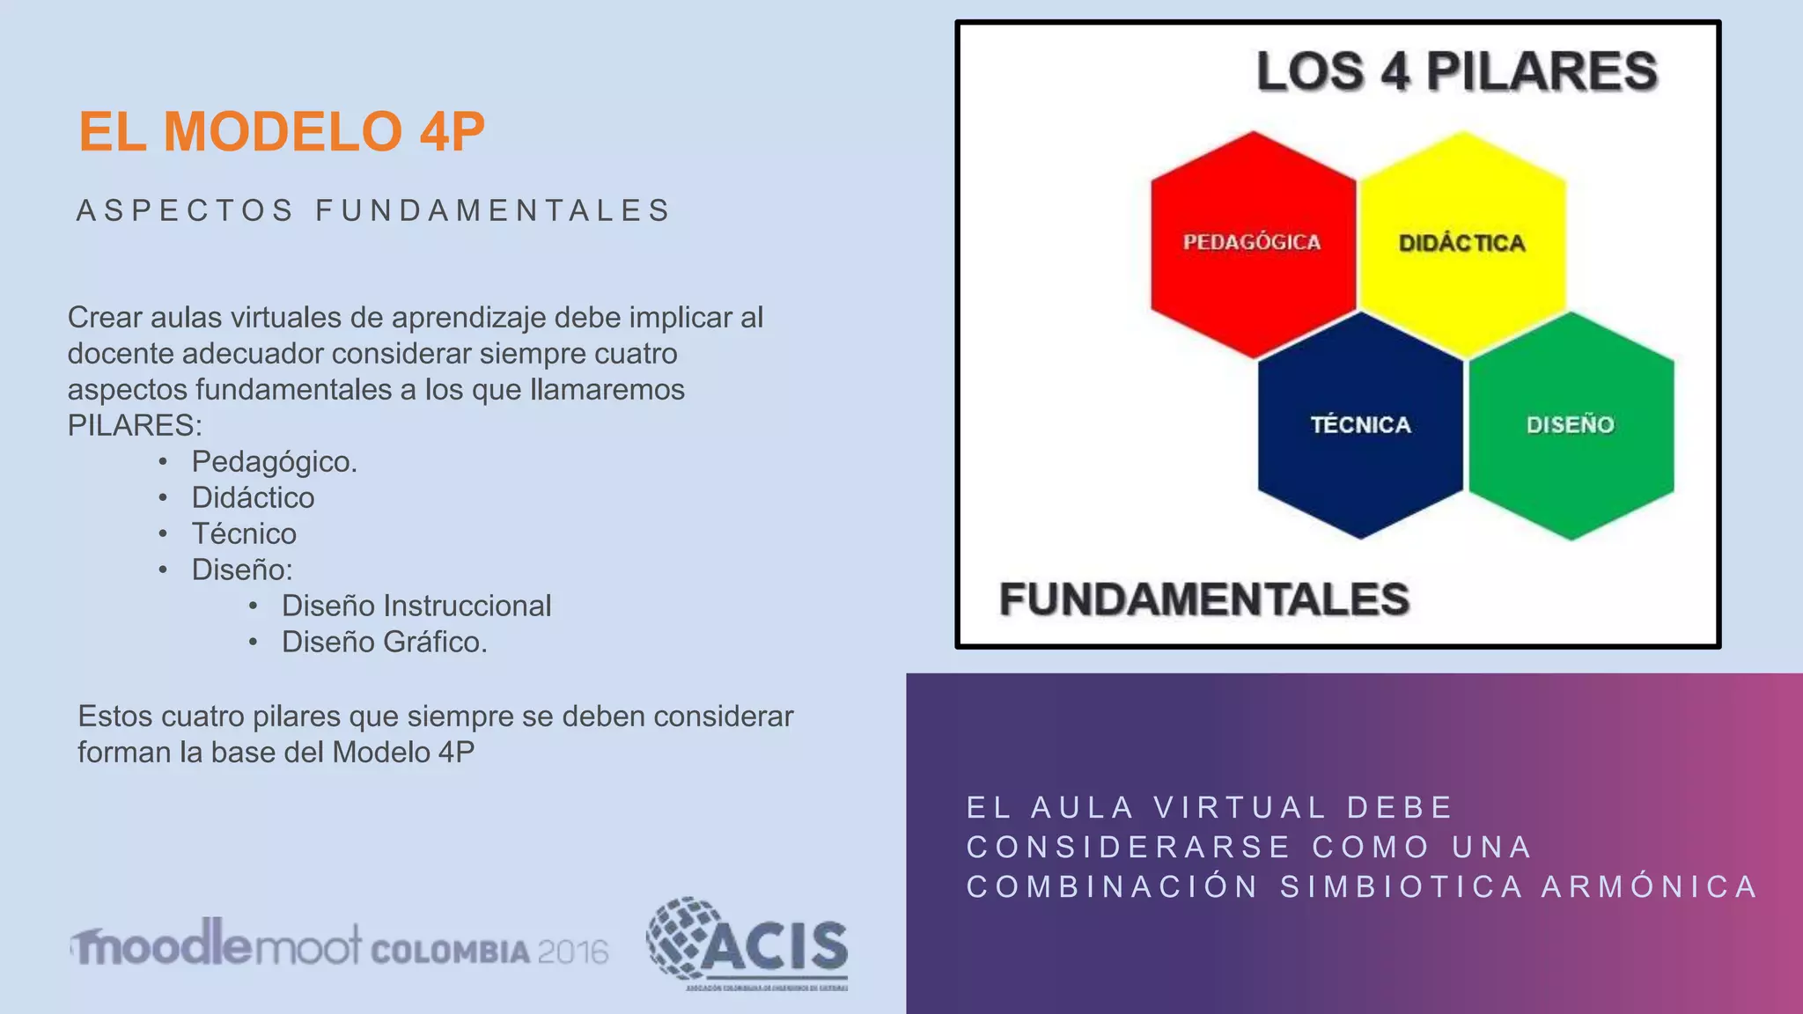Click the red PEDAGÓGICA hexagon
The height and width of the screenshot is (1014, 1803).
(x=1252, y=244)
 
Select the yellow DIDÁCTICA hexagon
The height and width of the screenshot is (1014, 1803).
(x=1461, y=244)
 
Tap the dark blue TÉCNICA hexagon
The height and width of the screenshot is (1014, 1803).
(x=1360, y=425)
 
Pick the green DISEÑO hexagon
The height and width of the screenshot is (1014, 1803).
(x=1571, y=425)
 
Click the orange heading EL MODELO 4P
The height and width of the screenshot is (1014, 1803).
(x=282, y=132)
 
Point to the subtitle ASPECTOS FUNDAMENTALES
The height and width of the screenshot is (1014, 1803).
(x=374, y=211)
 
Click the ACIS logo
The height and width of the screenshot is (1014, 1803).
(x=748, y=944)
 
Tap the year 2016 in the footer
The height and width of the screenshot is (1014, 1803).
(x=572, y=952)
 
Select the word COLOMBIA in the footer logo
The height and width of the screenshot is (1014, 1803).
(x=451, y=952)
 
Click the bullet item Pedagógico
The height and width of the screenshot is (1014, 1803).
(x=274, y=462)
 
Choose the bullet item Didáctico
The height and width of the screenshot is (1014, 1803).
(x=253, y=498)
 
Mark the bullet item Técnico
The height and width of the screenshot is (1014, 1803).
(x=244, y=534)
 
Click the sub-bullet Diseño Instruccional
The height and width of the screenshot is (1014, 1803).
(x=416, y=606)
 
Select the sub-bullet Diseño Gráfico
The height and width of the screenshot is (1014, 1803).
(x=384, y=643)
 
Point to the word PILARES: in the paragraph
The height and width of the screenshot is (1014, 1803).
(x=135, y=426)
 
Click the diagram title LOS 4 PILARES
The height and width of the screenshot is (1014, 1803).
(x=1456, y=71)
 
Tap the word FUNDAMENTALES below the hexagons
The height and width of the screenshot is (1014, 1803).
(x=1203, y=599)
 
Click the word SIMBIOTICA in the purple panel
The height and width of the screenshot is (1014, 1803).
(x=1402, y=887)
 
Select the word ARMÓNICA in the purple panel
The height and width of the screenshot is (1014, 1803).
(x=1649, y=887)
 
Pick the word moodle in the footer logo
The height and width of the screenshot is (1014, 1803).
(x=163, y=944)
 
